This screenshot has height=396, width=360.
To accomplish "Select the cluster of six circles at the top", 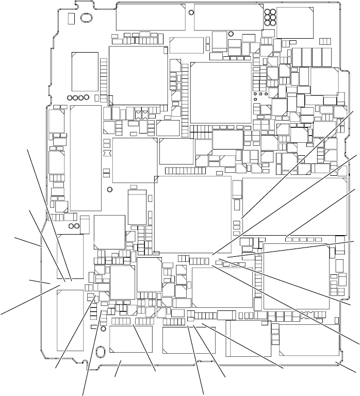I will [269, 18].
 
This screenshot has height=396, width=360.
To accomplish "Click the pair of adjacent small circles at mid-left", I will [74, 225].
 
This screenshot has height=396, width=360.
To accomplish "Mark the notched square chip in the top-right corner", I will [294, 23].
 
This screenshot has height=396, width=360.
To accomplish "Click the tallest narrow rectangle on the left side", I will [85, 157].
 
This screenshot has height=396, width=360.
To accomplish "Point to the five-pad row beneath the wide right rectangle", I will [304, 239].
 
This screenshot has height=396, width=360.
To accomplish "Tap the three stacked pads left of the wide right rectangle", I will [237, 225].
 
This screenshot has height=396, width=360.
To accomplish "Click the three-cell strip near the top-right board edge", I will [325, 41].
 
